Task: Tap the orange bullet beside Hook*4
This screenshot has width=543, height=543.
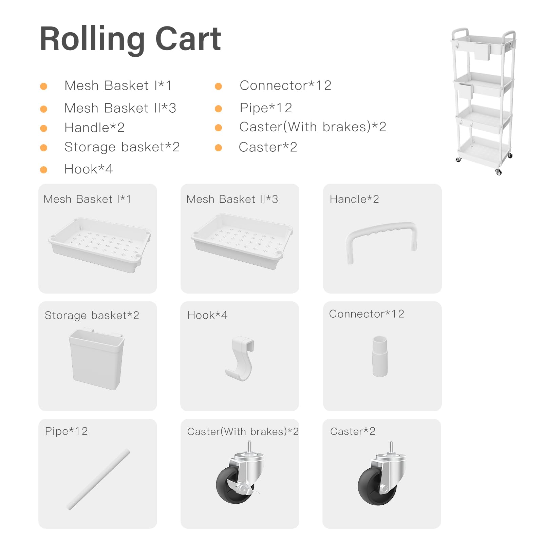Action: (x=43, y=170)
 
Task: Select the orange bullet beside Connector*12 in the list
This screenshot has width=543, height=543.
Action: (x=219, y=86)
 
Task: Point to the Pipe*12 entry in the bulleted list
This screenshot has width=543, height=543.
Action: (x=266, y=108)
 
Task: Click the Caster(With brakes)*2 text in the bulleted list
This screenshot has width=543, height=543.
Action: (x=313, y=127)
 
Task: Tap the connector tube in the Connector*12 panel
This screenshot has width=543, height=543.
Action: (x=380, y=356)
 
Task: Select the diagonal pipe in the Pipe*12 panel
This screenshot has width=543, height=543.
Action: (x=99, y=480)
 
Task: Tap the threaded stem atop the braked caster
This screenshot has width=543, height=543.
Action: (x=249, y=447)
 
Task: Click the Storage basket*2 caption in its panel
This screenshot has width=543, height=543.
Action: (x=92, y=316)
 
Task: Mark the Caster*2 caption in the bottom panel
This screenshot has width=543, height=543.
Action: (x=353, y=431)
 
